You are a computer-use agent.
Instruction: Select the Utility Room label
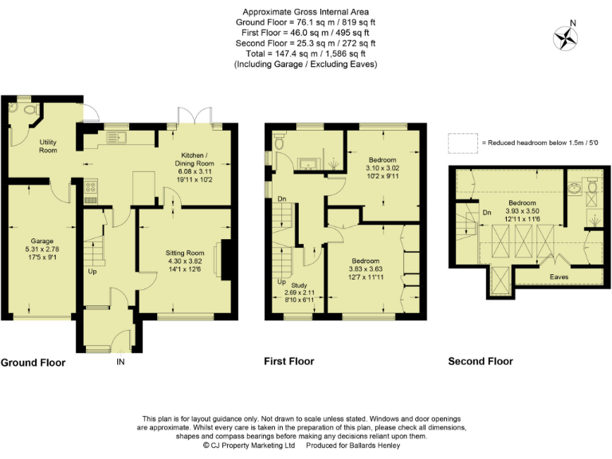48,146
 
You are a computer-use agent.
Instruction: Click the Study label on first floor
299,284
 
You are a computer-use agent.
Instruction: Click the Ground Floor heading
33,363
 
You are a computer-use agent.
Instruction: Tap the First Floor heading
288,361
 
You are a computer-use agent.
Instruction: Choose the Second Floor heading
480,361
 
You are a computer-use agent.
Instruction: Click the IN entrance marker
120,362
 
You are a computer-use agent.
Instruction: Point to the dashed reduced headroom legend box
462,143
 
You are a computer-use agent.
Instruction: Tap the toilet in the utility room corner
29,109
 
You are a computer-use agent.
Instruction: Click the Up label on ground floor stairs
92,272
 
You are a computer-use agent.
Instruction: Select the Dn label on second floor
487,212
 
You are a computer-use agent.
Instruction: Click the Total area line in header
305,53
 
